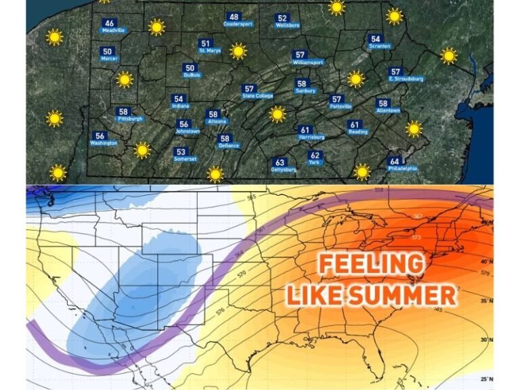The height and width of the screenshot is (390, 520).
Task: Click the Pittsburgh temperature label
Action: coord(123,112)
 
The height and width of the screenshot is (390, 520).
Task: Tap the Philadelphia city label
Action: coord(402,169)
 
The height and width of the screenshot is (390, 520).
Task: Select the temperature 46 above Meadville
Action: coord(109,23)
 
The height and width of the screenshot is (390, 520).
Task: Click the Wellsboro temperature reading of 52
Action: coord(282,18)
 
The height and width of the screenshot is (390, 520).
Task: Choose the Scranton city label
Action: coord(379,46)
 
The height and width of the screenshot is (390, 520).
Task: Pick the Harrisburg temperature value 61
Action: coord(305,130)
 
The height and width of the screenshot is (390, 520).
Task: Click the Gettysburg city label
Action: coord(284,169)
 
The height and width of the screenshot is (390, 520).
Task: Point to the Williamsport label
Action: coord(308,62)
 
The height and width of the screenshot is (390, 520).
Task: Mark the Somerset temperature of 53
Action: coord(181,152)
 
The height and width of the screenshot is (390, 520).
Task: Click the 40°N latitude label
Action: coord(484,261)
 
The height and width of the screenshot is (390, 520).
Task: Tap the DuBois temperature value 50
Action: coord(190,68)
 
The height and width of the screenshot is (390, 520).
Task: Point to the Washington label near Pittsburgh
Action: coord(104,143)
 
